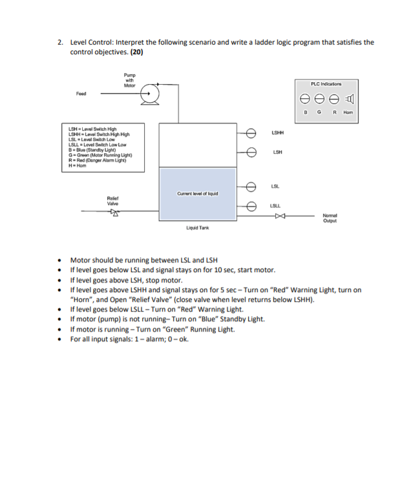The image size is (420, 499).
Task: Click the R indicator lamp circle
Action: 334,100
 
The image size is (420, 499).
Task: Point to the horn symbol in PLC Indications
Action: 350,100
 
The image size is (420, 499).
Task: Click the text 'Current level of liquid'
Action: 197,193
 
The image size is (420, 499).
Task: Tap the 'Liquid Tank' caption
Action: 196,228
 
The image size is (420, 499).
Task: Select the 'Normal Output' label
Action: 331,218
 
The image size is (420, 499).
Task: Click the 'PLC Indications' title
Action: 327,83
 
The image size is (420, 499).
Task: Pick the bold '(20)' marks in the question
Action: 137,52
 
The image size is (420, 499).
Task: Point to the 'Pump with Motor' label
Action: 129,81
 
